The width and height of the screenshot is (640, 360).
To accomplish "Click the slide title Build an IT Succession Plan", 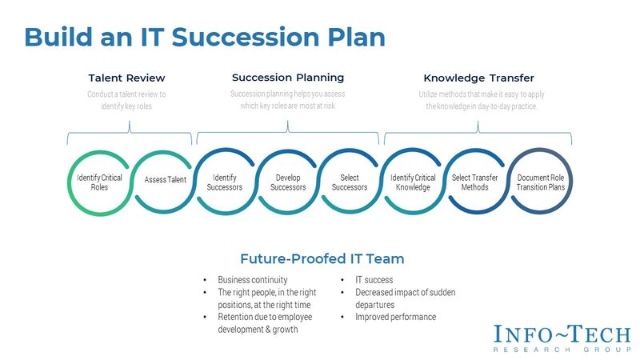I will pyautogui.click(x=205, y=37).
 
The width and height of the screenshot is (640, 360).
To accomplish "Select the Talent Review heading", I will pyautogui.click(x=126, y=78).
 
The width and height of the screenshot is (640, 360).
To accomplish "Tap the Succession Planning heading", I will pyautogui.click(x=288, y=78).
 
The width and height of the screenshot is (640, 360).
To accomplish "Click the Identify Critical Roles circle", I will pyautogui.click(x=100, y=182).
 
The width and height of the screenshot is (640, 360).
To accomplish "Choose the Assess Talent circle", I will pyautogui.click(x=165, y=180).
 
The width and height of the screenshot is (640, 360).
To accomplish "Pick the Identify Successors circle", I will pyautogui.click(x=226, y=182).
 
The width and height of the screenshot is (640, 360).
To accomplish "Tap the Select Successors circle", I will pyautogui.click(x=349, y=182).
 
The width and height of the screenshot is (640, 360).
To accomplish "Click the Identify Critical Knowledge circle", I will pyautogui.click(x=414, y=182).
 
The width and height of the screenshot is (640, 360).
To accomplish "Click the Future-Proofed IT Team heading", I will pyautogui.click(x=322, y=258).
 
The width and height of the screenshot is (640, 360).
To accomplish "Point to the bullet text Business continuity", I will pyautogui.click(x=252, y=280).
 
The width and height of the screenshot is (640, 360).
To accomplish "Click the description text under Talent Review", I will pyautogui.click(x=126, y=100).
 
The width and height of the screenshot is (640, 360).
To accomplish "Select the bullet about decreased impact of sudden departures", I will pyautogui.click(x=398, y=298).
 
